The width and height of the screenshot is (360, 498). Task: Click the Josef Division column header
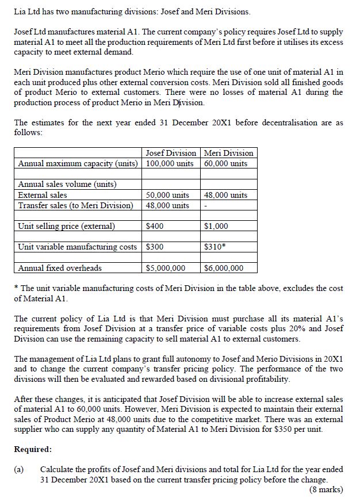171,153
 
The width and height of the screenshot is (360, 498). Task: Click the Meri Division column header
228,153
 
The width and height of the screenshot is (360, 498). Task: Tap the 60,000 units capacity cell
226,163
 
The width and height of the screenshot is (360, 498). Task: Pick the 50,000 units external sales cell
168,195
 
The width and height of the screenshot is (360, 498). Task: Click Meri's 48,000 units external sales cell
226,195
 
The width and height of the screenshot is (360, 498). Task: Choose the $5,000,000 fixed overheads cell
166,268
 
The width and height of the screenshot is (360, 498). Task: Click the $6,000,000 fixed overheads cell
224,268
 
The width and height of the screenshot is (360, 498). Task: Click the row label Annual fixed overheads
60,268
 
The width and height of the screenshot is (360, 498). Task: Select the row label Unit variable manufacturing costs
78,247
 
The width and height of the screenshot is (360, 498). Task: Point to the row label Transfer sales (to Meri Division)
75,205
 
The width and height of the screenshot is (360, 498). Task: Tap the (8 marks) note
326,489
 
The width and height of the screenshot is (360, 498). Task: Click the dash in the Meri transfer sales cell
205,205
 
